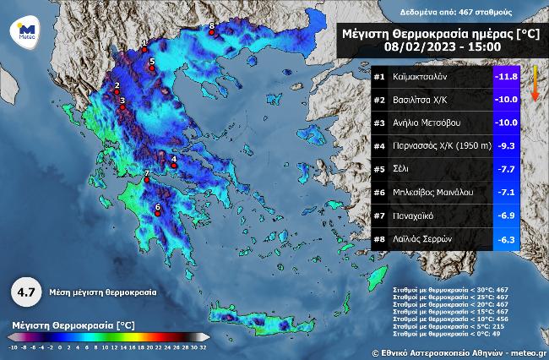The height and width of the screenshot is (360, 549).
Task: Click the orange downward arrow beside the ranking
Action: (x=534, y=85)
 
